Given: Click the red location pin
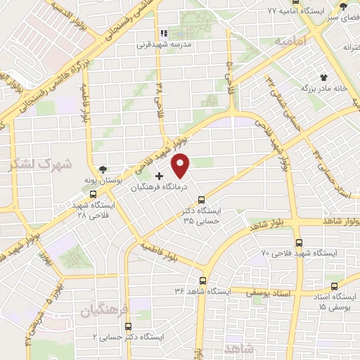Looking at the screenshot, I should click(181, 165).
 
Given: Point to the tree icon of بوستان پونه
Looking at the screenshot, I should click(104, 169).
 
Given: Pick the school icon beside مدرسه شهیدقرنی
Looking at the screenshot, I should click(163, 32).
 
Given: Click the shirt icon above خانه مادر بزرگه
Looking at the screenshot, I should click(323, 77).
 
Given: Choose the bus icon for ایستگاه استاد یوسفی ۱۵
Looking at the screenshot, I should click(333, 285).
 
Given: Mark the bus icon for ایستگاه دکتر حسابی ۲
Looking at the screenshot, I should click(128, 326).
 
